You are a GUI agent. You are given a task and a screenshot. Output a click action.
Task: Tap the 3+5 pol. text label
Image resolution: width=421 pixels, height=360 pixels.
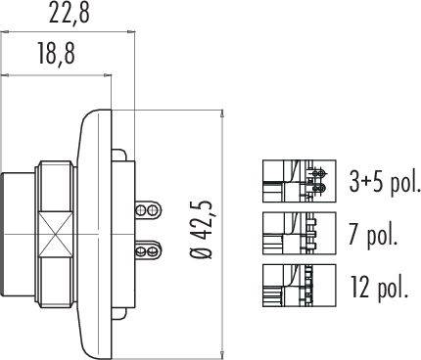point(384,181)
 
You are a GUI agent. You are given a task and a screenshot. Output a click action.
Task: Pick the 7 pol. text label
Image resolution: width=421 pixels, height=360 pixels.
point(374,234)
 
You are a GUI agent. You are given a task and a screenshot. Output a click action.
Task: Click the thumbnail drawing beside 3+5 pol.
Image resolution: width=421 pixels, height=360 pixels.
point(299,181)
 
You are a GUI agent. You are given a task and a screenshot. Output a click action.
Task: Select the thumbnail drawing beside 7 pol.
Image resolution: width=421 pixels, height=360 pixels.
point(299,234)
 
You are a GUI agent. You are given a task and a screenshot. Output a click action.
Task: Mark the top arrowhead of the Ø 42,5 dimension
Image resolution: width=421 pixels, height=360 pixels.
point(225,112)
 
